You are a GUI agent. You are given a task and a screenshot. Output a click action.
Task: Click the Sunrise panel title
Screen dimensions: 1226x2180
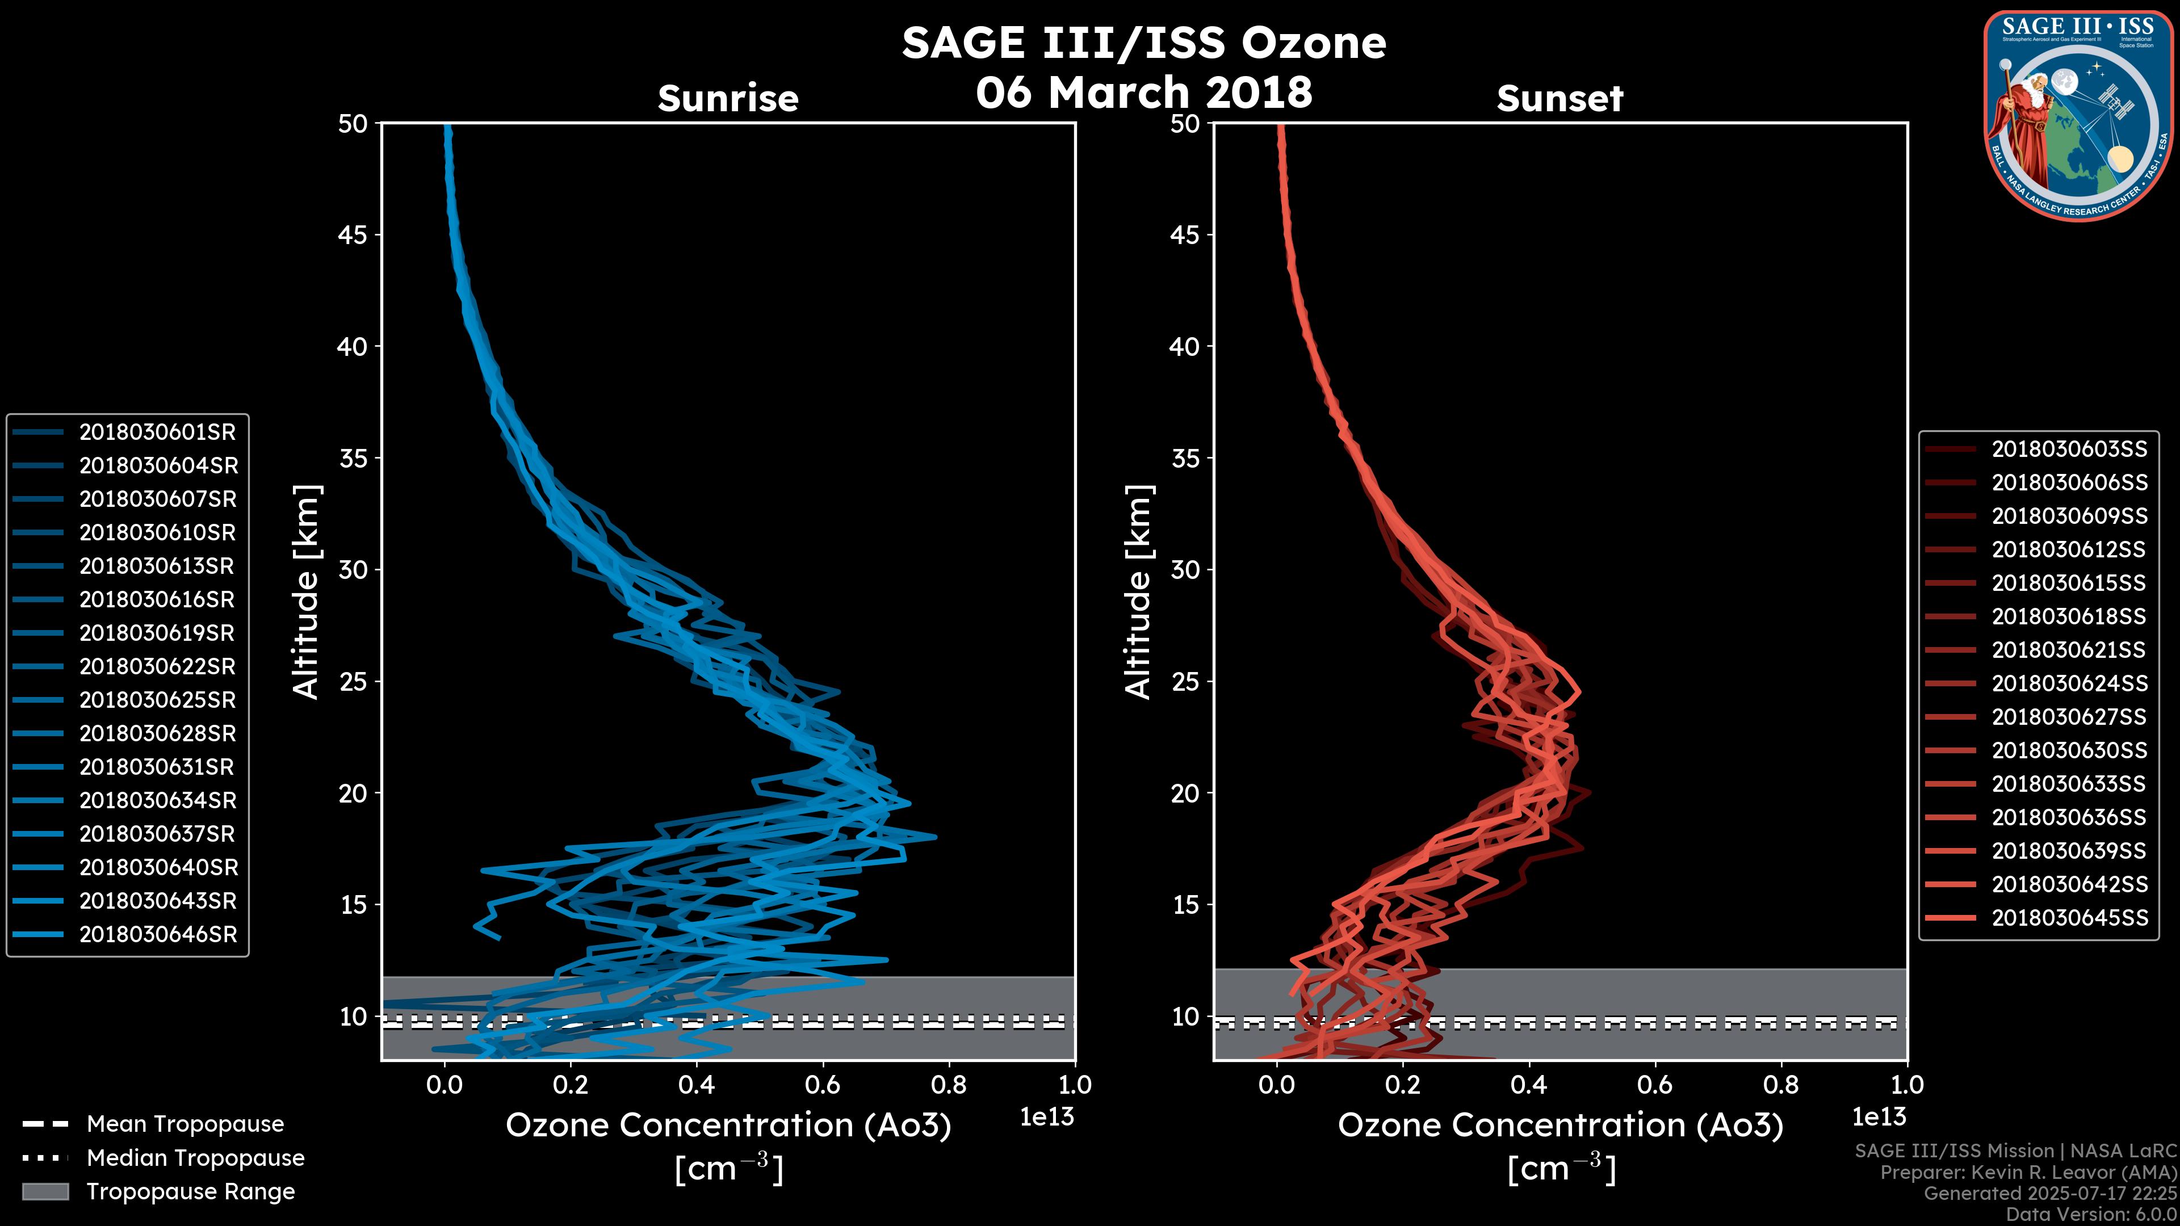click(728, 98)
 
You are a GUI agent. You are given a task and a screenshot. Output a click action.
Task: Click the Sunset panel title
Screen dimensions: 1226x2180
click(1559, 98)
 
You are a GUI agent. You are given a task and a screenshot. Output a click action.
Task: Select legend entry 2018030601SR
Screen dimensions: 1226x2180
click(157, 433)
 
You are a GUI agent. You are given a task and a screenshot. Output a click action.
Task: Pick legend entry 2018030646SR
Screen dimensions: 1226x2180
click(157, 935)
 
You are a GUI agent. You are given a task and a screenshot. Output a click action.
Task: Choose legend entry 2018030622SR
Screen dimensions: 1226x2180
click(157, 667)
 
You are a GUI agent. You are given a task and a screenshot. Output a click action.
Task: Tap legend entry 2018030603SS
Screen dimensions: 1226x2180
click(2069, 450)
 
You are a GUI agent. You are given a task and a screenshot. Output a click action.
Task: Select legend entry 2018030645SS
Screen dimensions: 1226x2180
click(2069, 918)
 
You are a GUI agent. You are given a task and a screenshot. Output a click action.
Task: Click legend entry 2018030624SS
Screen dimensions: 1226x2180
click(2069, 683)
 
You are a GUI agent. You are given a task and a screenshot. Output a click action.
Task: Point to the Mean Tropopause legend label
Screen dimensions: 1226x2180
click(185, 1124)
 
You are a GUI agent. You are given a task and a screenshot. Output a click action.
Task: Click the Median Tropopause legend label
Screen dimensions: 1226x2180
click(195, 1158)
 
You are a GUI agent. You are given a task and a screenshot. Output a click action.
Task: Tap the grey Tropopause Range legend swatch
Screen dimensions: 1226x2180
click(45, 1192)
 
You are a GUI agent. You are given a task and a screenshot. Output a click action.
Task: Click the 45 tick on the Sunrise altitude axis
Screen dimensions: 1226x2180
click(353, 235)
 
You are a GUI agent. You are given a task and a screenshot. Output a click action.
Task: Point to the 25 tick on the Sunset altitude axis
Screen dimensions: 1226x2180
click(1185, 682)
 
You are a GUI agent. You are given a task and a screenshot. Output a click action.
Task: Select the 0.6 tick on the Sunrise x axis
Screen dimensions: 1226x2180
click(823, 1085)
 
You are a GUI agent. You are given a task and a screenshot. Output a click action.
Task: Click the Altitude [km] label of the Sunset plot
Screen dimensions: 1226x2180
click(1139, 592)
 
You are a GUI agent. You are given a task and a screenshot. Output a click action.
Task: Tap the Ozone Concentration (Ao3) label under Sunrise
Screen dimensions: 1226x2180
click(728, 1126)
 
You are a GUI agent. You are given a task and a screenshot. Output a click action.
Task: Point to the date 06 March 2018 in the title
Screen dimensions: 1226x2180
click(1143, 92)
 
